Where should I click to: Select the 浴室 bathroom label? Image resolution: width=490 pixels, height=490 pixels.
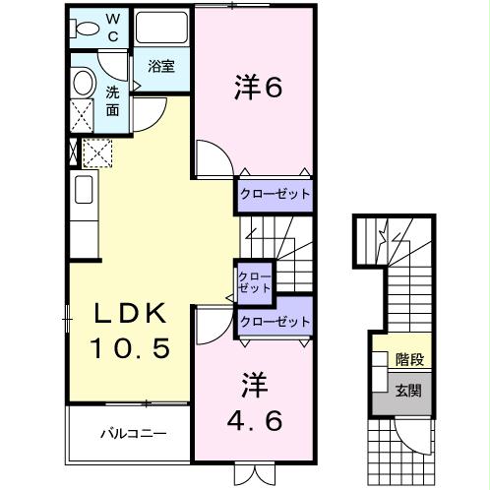[161, 67]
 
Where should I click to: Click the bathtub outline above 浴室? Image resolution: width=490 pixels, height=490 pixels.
[162, 28]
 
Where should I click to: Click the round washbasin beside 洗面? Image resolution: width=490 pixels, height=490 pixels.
[83, 83]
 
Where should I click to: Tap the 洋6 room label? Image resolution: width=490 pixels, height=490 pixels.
[259, 89]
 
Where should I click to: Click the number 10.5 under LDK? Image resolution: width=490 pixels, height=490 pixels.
[132, 347]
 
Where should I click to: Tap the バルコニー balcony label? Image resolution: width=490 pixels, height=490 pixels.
[131, 433]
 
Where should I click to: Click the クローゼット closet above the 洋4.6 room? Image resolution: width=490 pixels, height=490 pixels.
[275, 322]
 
